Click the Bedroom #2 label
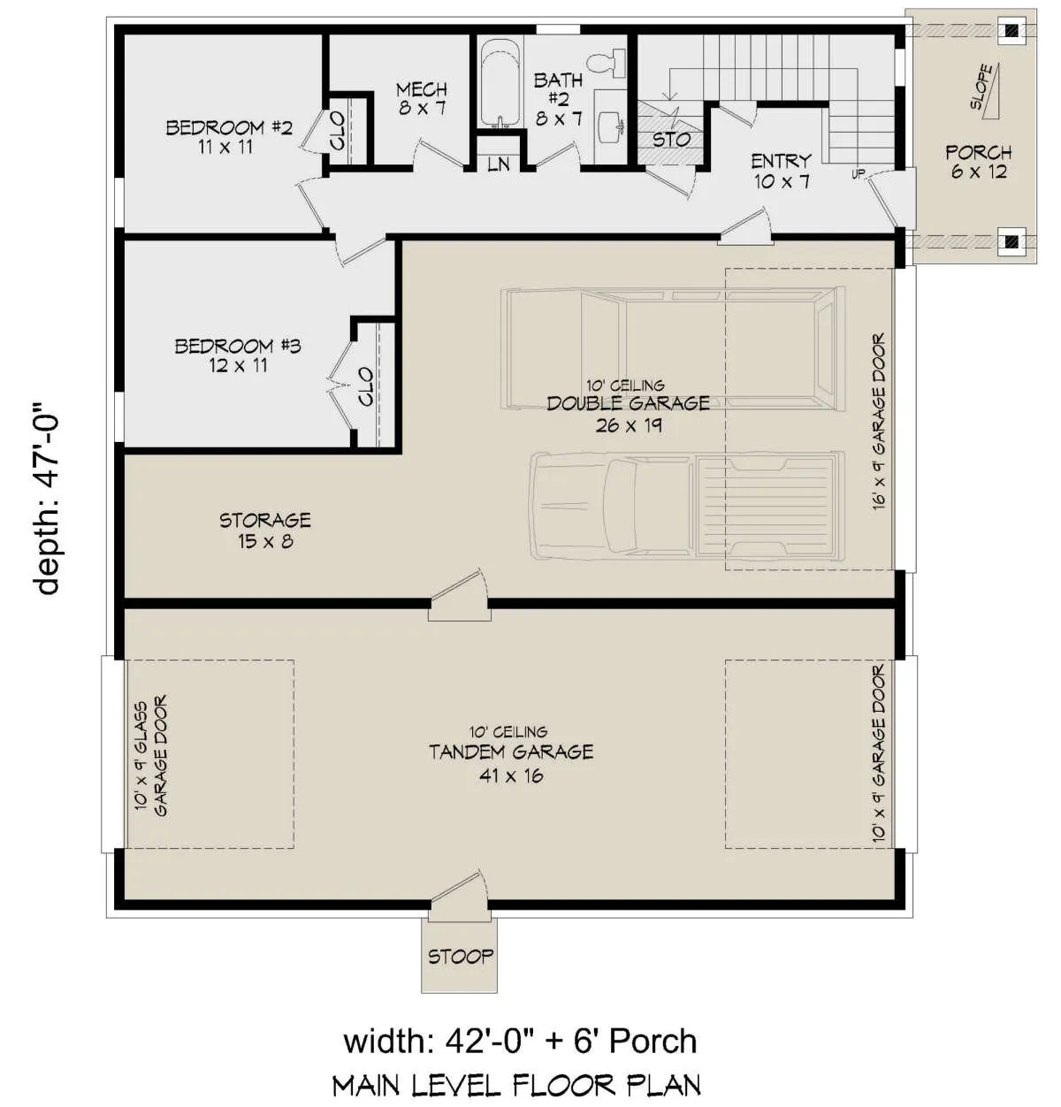[x=229, y=136]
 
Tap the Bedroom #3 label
[x=238, y=355]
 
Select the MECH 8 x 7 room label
[x=422, y=98]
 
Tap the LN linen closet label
[x=499, y=164]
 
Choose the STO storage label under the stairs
[x=671, y=140]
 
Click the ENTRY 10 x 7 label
[x=781, y=172]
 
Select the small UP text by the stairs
[x=859, y=174]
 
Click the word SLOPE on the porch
[x=982, y=87]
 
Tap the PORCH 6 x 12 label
[x=979, y=162]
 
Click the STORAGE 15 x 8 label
[x=265, y=530]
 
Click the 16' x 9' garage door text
[x=879, y=421]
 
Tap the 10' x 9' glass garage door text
[x=151, y=755]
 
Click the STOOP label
[x=461, y=957]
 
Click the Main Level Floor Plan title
[x=516, y=1086]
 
